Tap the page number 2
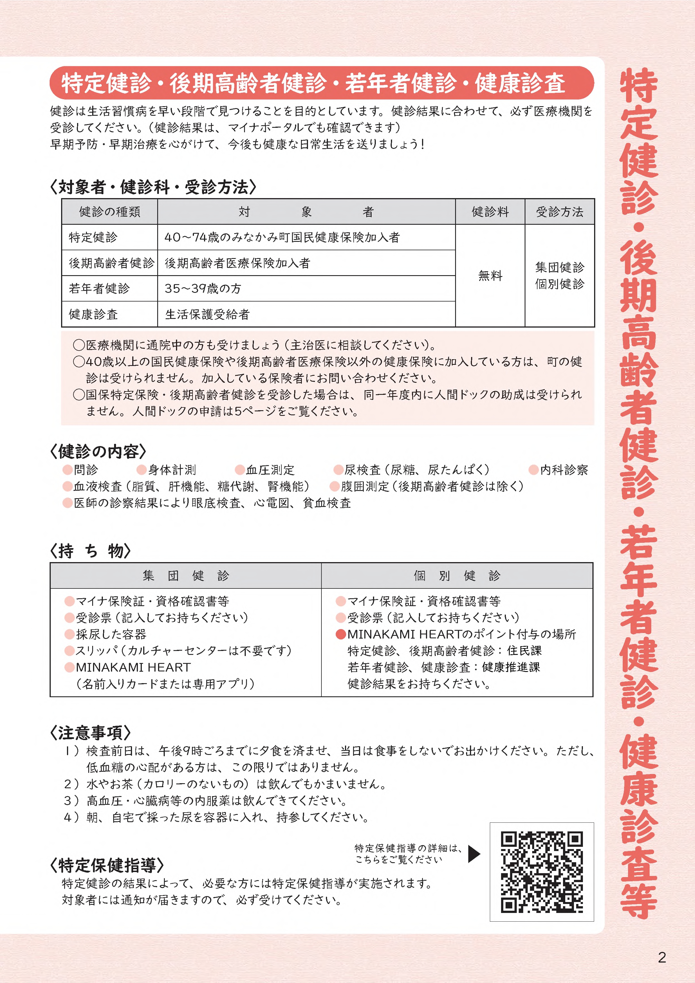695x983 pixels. coord(662,957)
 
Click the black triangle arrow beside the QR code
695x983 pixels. coord(474,854)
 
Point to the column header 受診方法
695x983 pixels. coord(559,212)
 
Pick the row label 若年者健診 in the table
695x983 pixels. coord(99,289)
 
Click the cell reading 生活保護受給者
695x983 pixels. coord(207,314)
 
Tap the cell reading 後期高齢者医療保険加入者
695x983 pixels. coord(237,263)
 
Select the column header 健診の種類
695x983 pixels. coord(110,212)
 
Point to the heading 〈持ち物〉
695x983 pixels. coord(90,551)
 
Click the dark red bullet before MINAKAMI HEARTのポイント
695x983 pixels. coord(341,634)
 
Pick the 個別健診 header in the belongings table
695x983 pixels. coord(457,575)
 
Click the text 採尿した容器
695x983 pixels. coord(111,634)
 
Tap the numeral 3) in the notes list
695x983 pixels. coord(71,800)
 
